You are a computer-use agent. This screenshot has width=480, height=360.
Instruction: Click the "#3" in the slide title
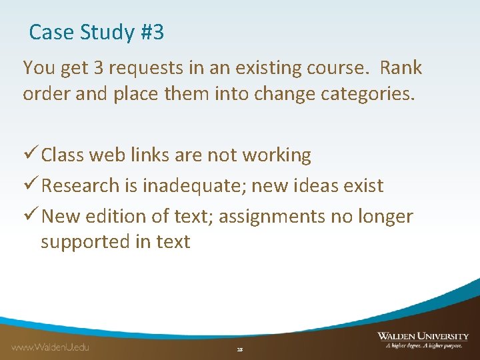click(152, 32)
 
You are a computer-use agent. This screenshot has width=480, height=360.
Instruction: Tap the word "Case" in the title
click(53, 32)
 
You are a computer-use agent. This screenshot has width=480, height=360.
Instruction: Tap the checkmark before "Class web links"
click(30, 155)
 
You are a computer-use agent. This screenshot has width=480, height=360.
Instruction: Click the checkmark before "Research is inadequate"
click(30, 185)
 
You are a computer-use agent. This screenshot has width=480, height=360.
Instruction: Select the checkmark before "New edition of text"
click(30, 216)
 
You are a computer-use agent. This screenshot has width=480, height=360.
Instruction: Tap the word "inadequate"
click(197, 186)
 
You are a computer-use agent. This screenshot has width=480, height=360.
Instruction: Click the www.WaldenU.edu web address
click(51, 347)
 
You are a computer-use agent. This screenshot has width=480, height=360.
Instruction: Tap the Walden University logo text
click(423, 337)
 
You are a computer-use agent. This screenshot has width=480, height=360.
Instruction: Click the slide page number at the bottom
click(240, 349)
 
